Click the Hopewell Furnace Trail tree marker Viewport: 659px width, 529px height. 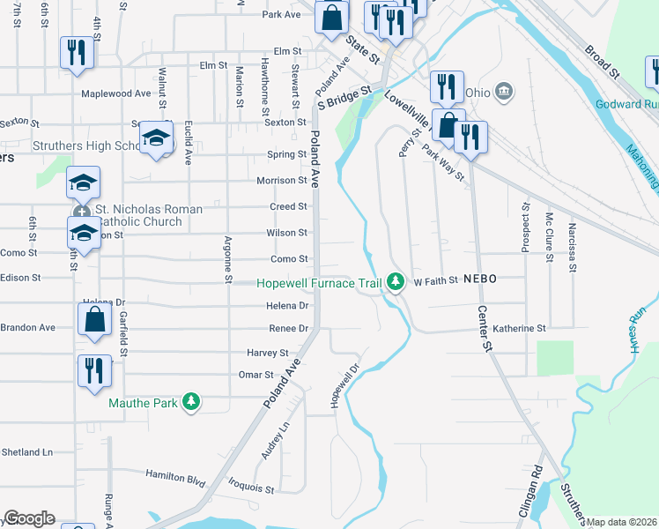[x=396, y=282]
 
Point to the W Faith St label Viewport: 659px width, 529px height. [x=436, y=281]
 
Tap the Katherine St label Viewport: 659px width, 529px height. [x=519, y=328]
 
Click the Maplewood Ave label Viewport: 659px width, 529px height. [x=116, y=93]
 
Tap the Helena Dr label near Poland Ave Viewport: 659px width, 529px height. [x=287, y=306]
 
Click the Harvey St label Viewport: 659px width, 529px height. [x=271, y=353]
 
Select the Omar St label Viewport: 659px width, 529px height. [x=256, y=375]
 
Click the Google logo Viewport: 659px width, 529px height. [x=29, y=518]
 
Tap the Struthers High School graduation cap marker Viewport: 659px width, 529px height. [x=156, y=138]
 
